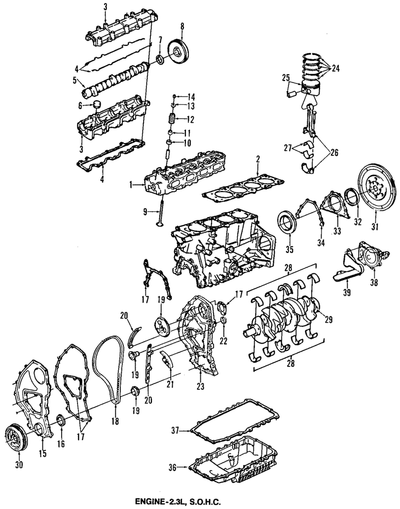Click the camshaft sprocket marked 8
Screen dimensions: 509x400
tap(180, 50)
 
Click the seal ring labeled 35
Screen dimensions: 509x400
tap(286, 223)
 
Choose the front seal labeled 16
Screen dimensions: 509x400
tap(60, 420)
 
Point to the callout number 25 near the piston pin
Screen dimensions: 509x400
tap(285, 77)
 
